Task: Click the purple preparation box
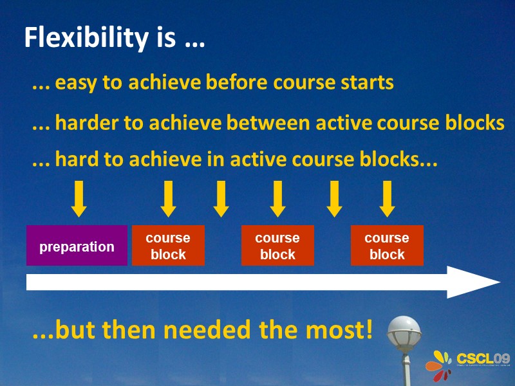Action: (x=77, y=246)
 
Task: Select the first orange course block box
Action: (x=168, y=246)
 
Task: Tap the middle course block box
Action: (x=277, y=246)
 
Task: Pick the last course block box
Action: (x=387, y=246)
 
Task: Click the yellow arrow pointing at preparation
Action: (x=79, y=199)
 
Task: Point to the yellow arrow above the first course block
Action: (x=168, y=199)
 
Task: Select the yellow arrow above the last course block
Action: (x=387, y=199)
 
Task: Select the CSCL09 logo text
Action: (x=483, y=358)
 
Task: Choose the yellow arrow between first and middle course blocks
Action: (x=221, y=199)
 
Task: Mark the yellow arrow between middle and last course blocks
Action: (x=334, y=199)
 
